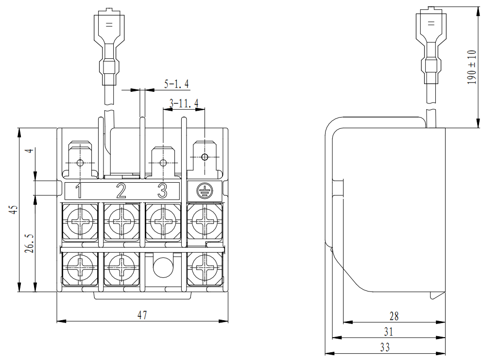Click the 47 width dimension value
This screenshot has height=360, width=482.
pyautogui.click(x=142, y=315)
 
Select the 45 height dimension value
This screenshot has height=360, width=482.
pyautogui.click(x=14, y=209)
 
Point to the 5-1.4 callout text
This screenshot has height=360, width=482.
pyautogui.click(x=176, y=85)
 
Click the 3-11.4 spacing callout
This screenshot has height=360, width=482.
pyautogui.click(x=184, y=103)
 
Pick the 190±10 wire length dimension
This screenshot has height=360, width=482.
pyautogui.click(x=471, y=67)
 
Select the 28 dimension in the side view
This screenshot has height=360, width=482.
pyautogui.click(x=394, y=316)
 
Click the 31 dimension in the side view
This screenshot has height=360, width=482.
pyautogui.click(x=388, y=332)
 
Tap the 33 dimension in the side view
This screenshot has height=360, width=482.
pyautogui.click(x=385, y=347)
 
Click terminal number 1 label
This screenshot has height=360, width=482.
pyautogui.click(x=79, y=191)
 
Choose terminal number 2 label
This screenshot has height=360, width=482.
pyautogui.click(x=121, y=191)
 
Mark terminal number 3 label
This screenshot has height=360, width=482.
pyautogui.click(x=162, y=191)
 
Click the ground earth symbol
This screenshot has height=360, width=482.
pyautogui.click(x=204, y=191)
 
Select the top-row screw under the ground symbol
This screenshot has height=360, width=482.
pyautogui.click(x=205, y=222)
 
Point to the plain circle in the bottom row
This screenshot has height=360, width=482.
pyautogui.click(x=163, y=266)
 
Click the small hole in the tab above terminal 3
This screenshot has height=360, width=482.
pyautogui.click(x=163, y=162)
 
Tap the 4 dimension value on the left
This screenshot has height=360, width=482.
pyautogui.click(x=31, y=151)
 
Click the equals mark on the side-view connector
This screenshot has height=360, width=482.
pyautogui.click(x=430, y=23)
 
